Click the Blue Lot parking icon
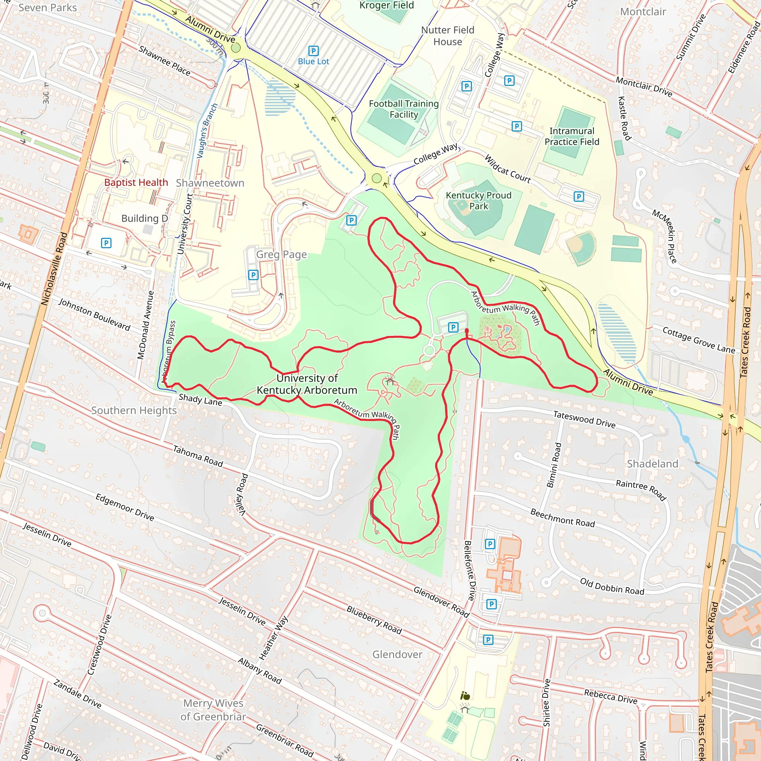pyautogui.click(x=313, y=51)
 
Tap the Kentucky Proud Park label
pyautogui.click(x=479, y=201)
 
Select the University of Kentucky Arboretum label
pyautogui.click(x=307, y=384)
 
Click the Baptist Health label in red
pyautogui.click(x=136, y=182)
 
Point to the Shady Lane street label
pyautogui.click(x=200, y=399)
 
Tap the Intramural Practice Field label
pyautogui.click(x=571, y=136)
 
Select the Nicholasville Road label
pyautogui.click(x=54, y=269)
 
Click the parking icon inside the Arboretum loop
pyautogui.click(x=453, y=327)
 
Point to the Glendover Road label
pyautogui.click(x=441, y=602)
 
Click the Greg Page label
pyautogui.click(x=281, y=255)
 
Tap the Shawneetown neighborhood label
pyautogui.click(x=210, y=183)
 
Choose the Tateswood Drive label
pyautogui.click(x=584, y=419)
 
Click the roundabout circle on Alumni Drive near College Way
pyautogui.click(x=376, y=178)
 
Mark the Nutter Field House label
pyautogui.click(x=447, y=36)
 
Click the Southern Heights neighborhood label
pyautogui.click(x=134, y=411)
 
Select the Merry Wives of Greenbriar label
pyautogui.click(x=213, y=710)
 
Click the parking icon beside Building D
pyautogui.click(x=106, y=243)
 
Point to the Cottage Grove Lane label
pyautogui.click(x=698, y=340)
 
